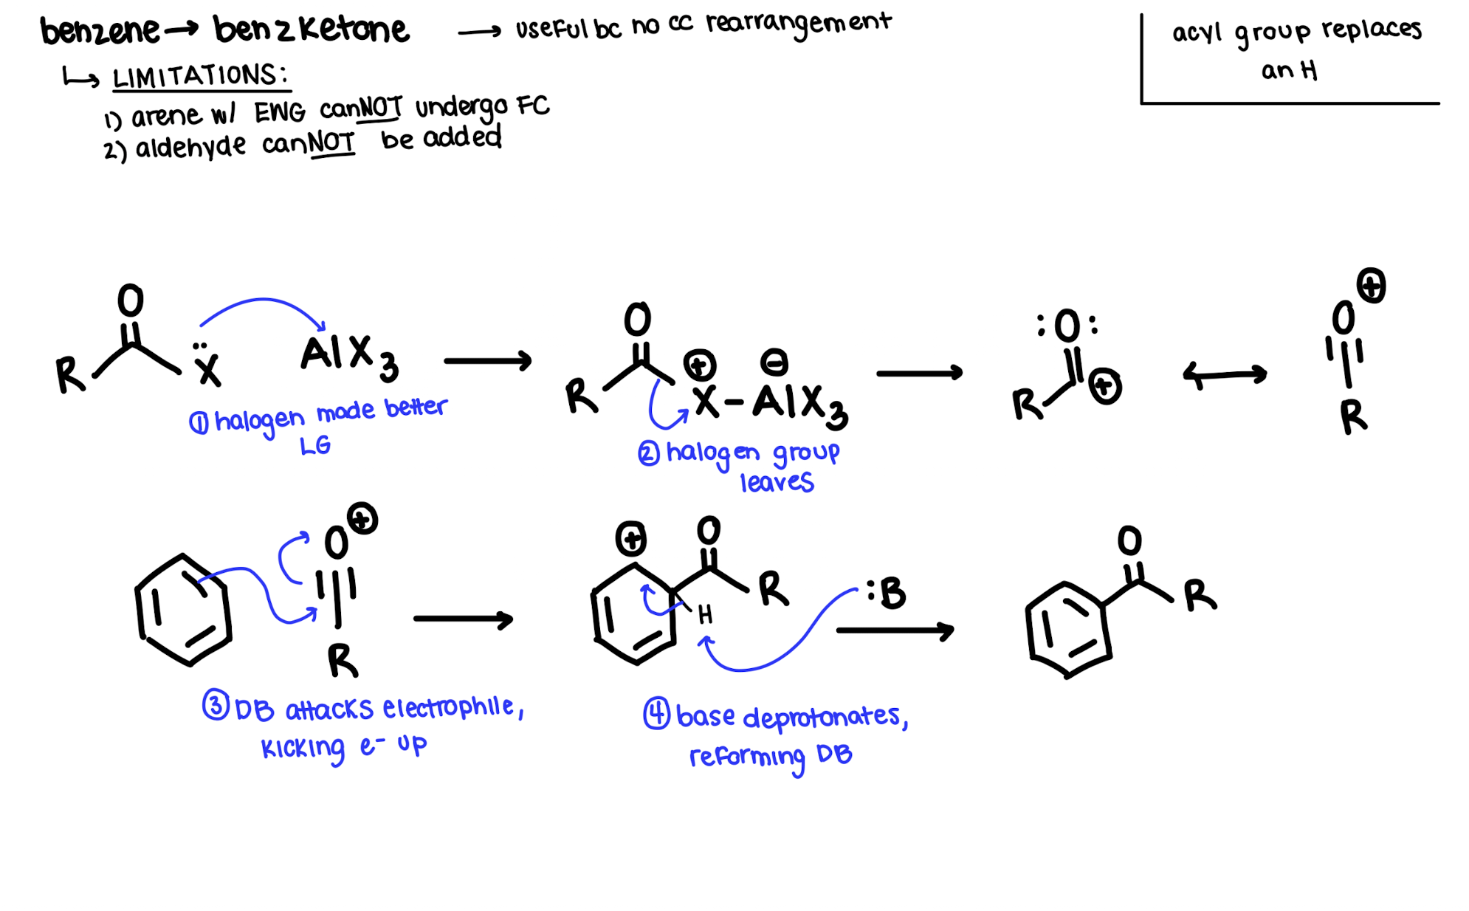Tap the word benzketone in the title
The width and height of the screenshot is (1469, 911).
[x=311, y=30]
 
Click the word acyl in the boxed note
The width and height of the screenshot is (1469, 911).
[x=1197, y=33]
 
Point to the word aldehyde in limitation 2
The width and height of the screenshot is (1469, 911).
[x=190, y=147]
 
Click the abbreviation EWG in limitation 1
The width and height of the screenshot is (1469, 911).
[x=280, y=113]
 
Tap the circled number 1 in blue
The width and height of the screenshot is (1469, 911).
[x=199, y=423]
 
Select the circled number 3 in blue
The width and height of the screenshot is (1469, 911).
[x=216, y=705]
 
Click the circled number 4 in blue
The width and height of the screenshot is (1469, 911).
[x=656, y=714]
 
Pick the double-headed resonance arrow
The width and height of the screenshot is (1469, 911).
[x=1225, y=375]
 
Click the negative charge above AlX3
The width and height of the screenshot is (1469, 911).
[x=774, y=362]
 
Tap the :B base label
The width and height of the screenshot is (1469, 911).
[x=886, y=593]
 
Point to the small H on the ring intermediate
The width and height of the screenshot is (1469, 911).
[x=705, y=614]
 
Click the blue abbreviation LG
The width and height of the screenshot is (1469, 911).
[x=315, y=446]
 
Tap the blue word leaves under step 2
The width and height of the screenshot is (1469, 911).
[x=777, y=483]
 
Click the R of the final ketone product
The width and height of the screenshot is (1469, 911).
[x=1200, y=596]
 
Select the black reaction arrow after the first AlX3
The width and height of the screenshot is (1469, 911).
[x=488, y=361]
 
